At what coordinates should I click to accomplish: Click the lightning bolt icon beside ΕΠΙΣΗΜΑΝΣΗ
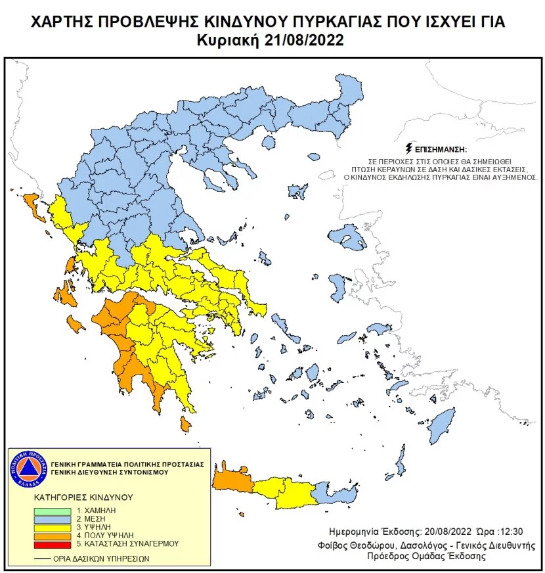point(410,147)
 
